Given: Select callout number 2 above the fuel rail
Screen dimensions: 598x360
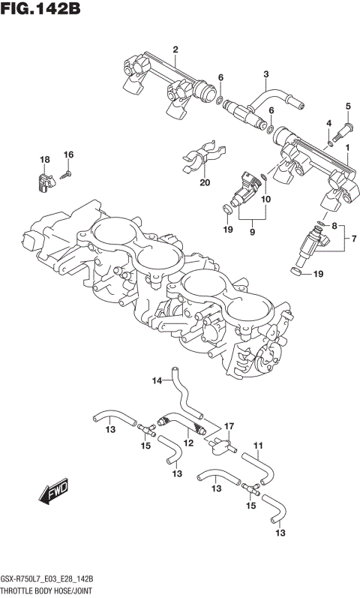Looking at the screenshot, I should click(x=175, y=50).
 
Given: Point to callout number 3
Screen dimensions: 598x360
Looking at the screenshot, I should click(x=265, y=74).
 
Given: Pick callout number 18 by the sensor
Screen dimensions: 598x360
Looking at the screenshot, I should click(x=45, y=160).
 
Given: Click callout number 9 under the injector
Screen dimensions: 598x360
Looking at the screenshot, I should click(x=252, y=233).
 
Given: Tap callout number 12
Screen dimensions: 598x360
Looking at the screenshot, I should click(x=188, y=443).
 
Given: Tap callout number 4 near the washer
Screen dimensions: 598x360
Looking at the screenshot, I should click(x=328, y=123).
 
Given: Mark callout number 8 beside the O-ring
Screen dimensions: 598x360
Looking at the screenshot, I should click(x=334, y=225).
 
